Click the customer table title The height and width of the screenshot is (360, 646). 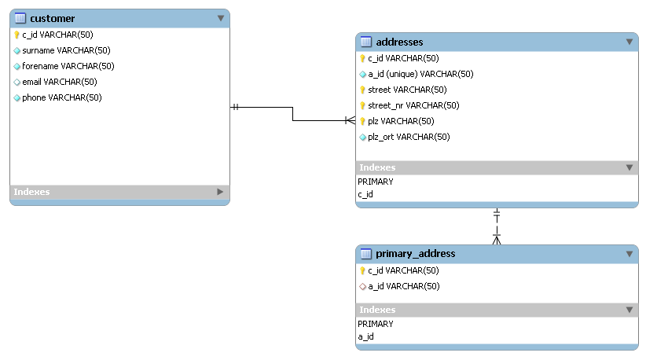point(53,19)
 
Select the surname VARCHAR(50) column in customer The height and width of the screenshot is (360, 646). point(66,50)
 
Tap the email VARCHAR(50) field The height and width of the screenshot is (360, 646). point(60,82)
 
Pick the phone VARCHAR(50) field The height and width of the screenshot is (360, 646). point(62,97)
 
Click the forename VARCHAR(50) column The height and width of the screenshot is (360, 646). point(68,66)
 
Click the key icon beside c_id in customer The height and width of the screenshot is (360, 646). point(17,35)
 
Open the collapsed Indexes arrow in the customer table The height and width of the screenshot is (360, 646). point(220,192)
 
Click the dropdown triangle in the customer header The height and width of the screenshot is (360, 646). point(221,18)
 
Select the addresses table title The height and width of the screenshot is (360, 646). point(399,42)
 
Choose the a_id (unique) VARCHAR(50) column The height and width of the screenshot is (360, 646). point(420,74)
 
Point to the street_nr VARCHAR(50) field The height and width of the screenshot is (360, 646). point(413,105)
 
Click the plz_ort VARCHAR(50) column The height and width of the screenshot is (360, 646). point(409,137)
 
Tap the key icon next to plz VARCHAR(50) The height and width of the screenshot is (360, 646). point(362,121)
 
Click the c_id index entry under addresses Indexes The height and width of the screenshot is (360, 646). point(365,194)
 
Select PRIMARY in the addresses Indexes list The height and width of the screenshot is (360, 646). point(376,182)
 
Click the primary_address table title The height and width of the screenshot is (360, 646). point(415,254)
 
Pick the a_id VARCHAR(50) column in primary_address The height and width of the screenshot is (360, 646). point(404,286)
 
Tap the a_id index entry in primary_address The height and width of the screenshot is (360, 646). point(366,336)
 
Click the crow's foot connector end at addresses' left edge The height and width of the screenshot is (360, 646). point(351,120)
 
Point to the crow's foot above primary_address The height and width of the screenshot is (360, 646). point(497,239)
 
